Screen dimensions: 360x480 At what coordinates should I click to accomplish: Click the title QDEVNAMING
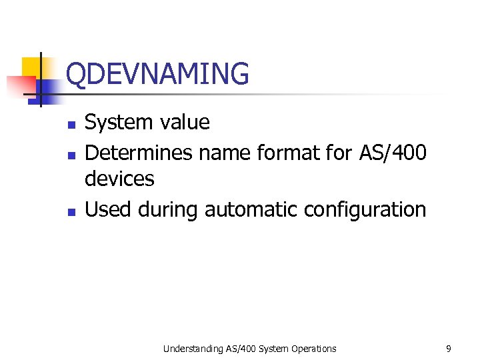158,74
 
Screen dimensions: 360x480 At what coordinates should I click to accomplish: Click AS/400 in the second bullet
393,153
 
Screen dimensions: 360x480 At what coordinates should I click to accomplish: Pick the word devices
119,179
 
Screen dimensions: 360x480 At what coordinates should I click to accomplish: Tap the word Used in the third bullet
109,209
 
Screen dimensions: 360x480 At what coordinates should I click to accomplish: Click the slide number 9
449,348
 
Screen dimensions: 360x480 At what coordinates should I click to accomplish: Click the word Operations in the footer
313,349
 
